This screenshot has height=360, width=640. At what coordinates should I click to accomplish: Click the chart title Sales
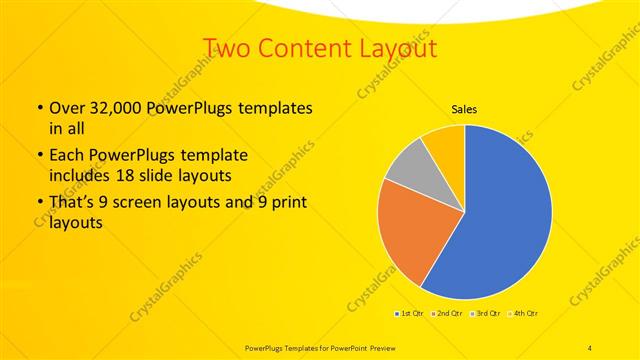(464, 109)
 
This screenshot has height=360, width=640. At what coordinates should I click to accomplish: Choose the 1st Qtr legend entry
(409, 314)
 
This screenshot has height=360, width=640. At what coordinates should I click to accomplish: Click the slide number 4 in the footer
(590, 346)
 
